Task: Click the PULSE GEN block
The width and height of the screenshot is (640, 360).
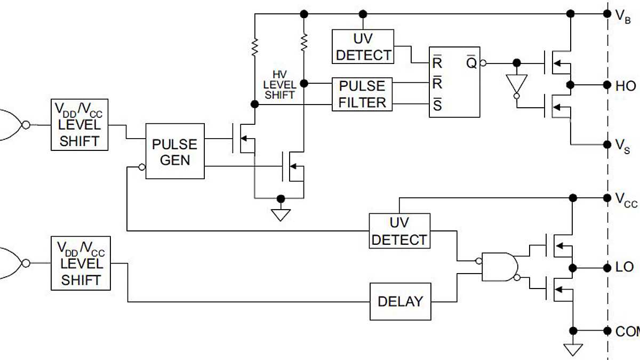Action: click(x=175, y=152)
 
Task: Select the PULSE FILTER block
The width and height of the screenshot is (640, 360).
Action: click(x=362, y=94)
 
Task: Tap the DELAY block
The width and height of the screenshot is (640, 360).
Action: click(x=400, y=302)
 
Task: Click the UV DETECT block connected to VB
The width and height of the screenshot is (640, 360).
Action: click(x=363, y=47)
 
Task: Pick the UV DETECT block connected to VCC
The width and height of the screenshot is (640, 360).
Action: click(x=399, y=231)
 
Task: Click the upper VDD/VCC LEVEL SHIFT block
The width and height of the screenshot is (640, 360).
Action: click(x=79, y=125)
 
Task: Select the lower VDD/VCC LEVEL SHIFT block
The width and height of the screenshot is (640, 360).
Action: click(x=81, y=263)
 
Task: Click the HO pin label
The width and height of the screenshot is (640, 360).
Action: click(x=625, y=86)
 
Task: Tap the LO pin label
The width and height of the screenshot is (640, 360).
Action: click(x=625, y=267)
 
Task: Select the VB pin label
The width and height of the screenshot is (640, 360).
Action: click(x=623, y=15)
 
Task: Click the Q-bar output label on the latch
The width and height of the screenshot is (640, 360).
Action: click(x=471, y=63)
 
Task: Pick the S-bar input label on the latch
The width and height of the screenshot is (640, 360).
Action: click(x=437, y=106)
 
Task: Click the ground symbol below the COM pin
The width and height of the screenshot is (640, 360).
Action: click(x=573, y=349)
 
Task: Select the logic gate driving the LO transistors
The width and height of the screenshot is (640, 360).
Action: click(x=500, y=267)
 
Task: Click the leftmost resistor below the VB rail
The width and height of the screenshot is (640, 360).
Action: click(x=255, y=46)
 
